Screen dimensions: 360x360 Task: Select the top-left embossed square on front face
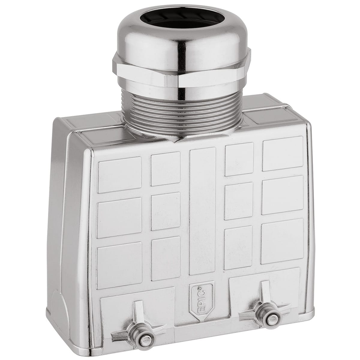coord(119,174)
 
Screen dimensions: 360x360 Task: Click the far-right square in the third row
coord(282,241)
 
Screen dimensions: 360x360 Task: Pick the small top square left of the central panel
coord(165,170)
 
